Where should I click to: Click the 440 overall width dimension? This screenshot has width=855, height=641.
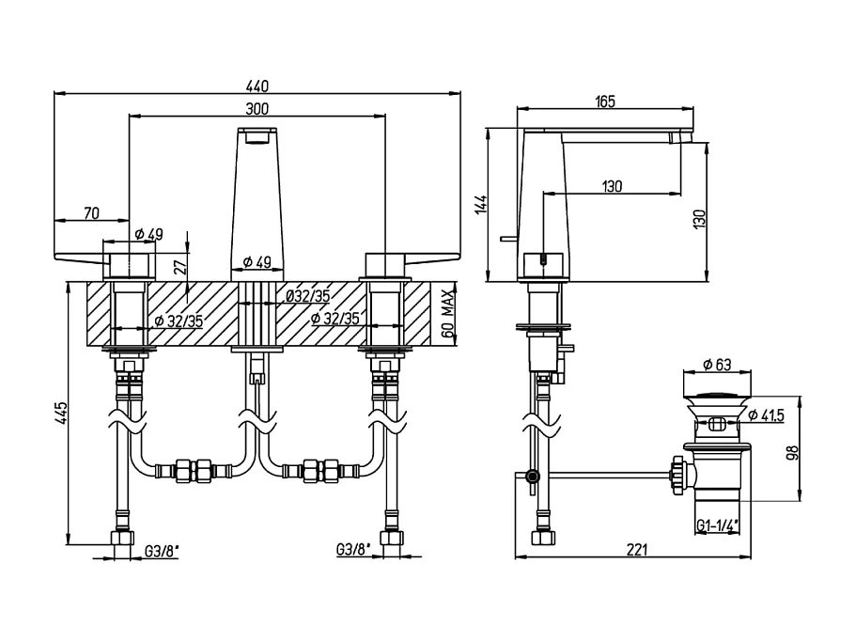pos(257,85)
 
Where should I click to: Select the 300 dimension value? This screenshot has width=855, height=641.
pos(257,108)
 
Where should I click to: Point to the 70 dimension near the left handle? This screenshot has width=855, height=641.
pos(91,213)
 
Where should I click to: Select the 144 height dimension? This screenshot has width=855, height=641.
pos(480,206)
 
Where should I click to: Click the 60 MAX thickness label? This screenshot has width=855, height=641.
pos(449,316)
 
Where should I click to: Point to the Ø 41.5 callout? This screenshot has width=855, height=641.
pos(767,414)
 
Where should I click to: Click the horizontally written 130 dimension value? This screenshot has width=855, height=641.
pos(611,186)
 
